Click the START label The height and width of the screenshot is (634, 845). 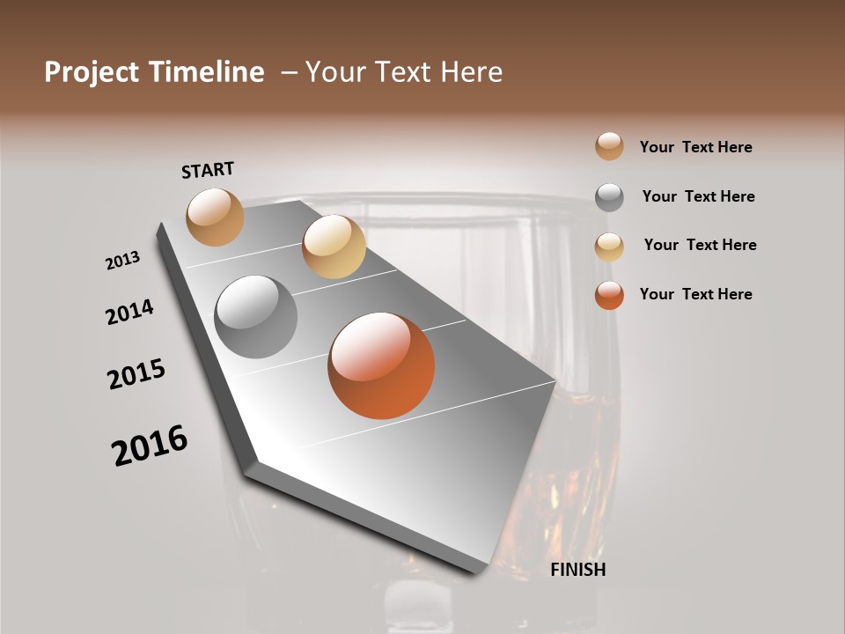click(x=208, y=170)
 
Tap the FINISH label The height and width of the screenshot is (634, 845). click(x=577, y=570)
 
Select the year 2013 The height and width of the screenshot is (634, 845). click(x=123, y=261)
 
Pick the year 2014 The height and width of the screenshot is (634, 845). click(x=129, y=312)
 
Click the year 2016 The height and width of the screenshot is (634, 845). click(x=150, y=446)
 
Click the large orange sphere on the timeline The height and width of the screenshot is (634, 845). click(x=381, y=365)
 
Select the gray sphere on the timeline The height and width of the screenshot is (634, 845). click(x=256, y=317)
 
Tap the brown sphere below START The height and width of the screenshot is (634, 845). click(x=215, y=217)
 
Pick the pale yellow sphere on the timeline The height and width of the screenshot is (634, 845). click(x=334, y=247)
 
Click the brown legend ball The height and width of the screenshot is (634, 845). click(x=609, y=147)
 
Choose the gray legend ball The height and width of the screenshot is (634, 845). click(x=609, y=197)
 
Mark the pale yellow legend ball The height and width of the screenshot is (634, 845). click(x=609, y=247)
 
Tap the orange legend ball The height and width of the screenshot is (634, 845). click(x=609, y=295)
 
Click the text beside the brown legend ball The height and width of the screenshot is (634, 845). click(x=695, y=148)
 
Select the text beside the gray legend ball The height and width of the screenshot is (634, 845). click(x=698, y=196)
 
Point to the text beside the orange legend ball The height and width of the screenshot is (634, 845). click(x=695, y=294)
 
